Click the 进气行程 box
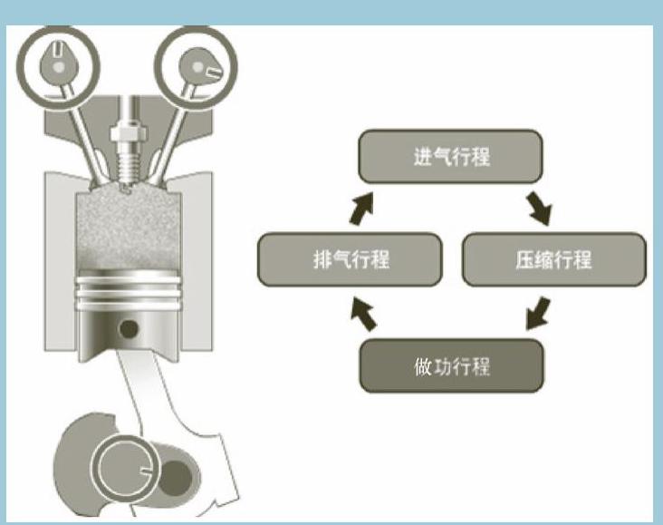point(450,156)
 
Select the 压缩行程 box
point(554,259)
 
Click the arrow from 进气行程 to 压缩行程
point(541,208)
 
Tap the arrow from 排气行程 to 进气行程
point(362,208)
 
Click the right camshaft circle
point(196,64)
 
